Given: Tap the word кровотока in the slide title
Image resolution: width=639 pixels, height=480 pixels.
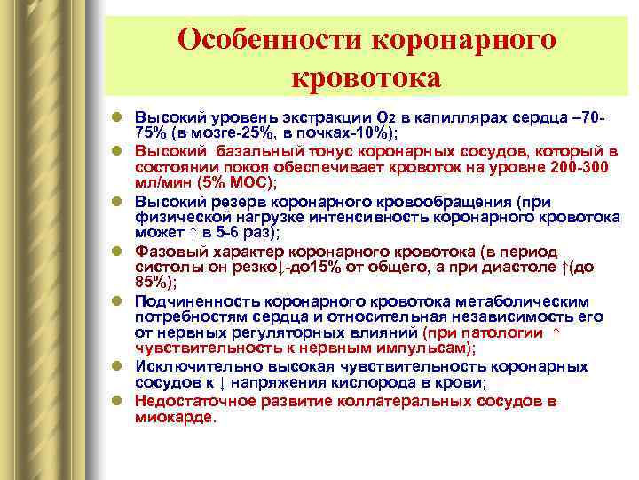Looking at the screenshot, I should click(x=366, y=77).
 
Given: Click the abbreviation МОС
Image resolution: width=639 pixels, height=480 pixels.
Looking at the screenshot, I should click(x=248, y=182).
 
